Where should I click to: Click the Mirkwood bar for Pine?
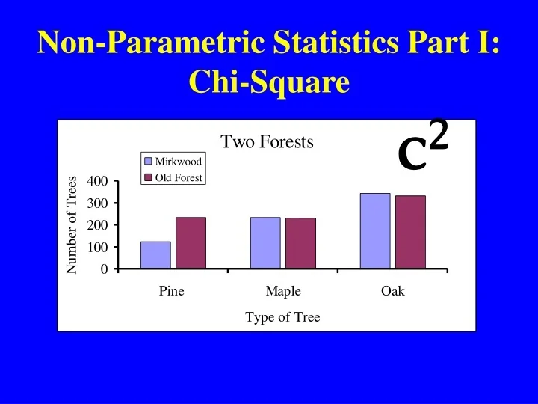[155, 254]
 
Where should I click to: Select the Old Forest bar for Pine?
[191, 242]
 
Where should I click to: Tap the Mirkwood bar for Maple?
[265, 242]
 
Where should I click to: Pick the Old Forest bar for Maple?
[300, 242]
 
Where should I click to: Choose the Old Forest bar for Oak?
[410, 232]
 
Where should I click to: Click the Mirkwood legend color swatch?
[148, 162]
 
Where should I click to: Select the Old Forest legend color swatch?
[148, 177]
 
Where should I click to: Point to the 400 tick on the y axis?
[98, 181]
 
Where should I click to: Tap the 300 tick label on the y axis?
[98, 203]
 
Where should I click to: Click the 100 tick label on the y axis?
[98, 247]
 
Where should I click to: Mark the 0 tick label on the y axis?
[105, 269]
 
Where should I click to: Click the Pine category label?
[171, 291]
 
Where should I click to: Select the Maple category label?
[283, 291]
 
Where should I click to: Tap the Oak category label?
[392, 291]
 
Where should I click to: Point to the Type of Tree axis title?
[282, 317]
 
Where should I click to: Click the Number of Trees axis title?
[72, 224]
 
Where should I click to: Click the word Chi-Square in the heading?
[269, 82]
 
